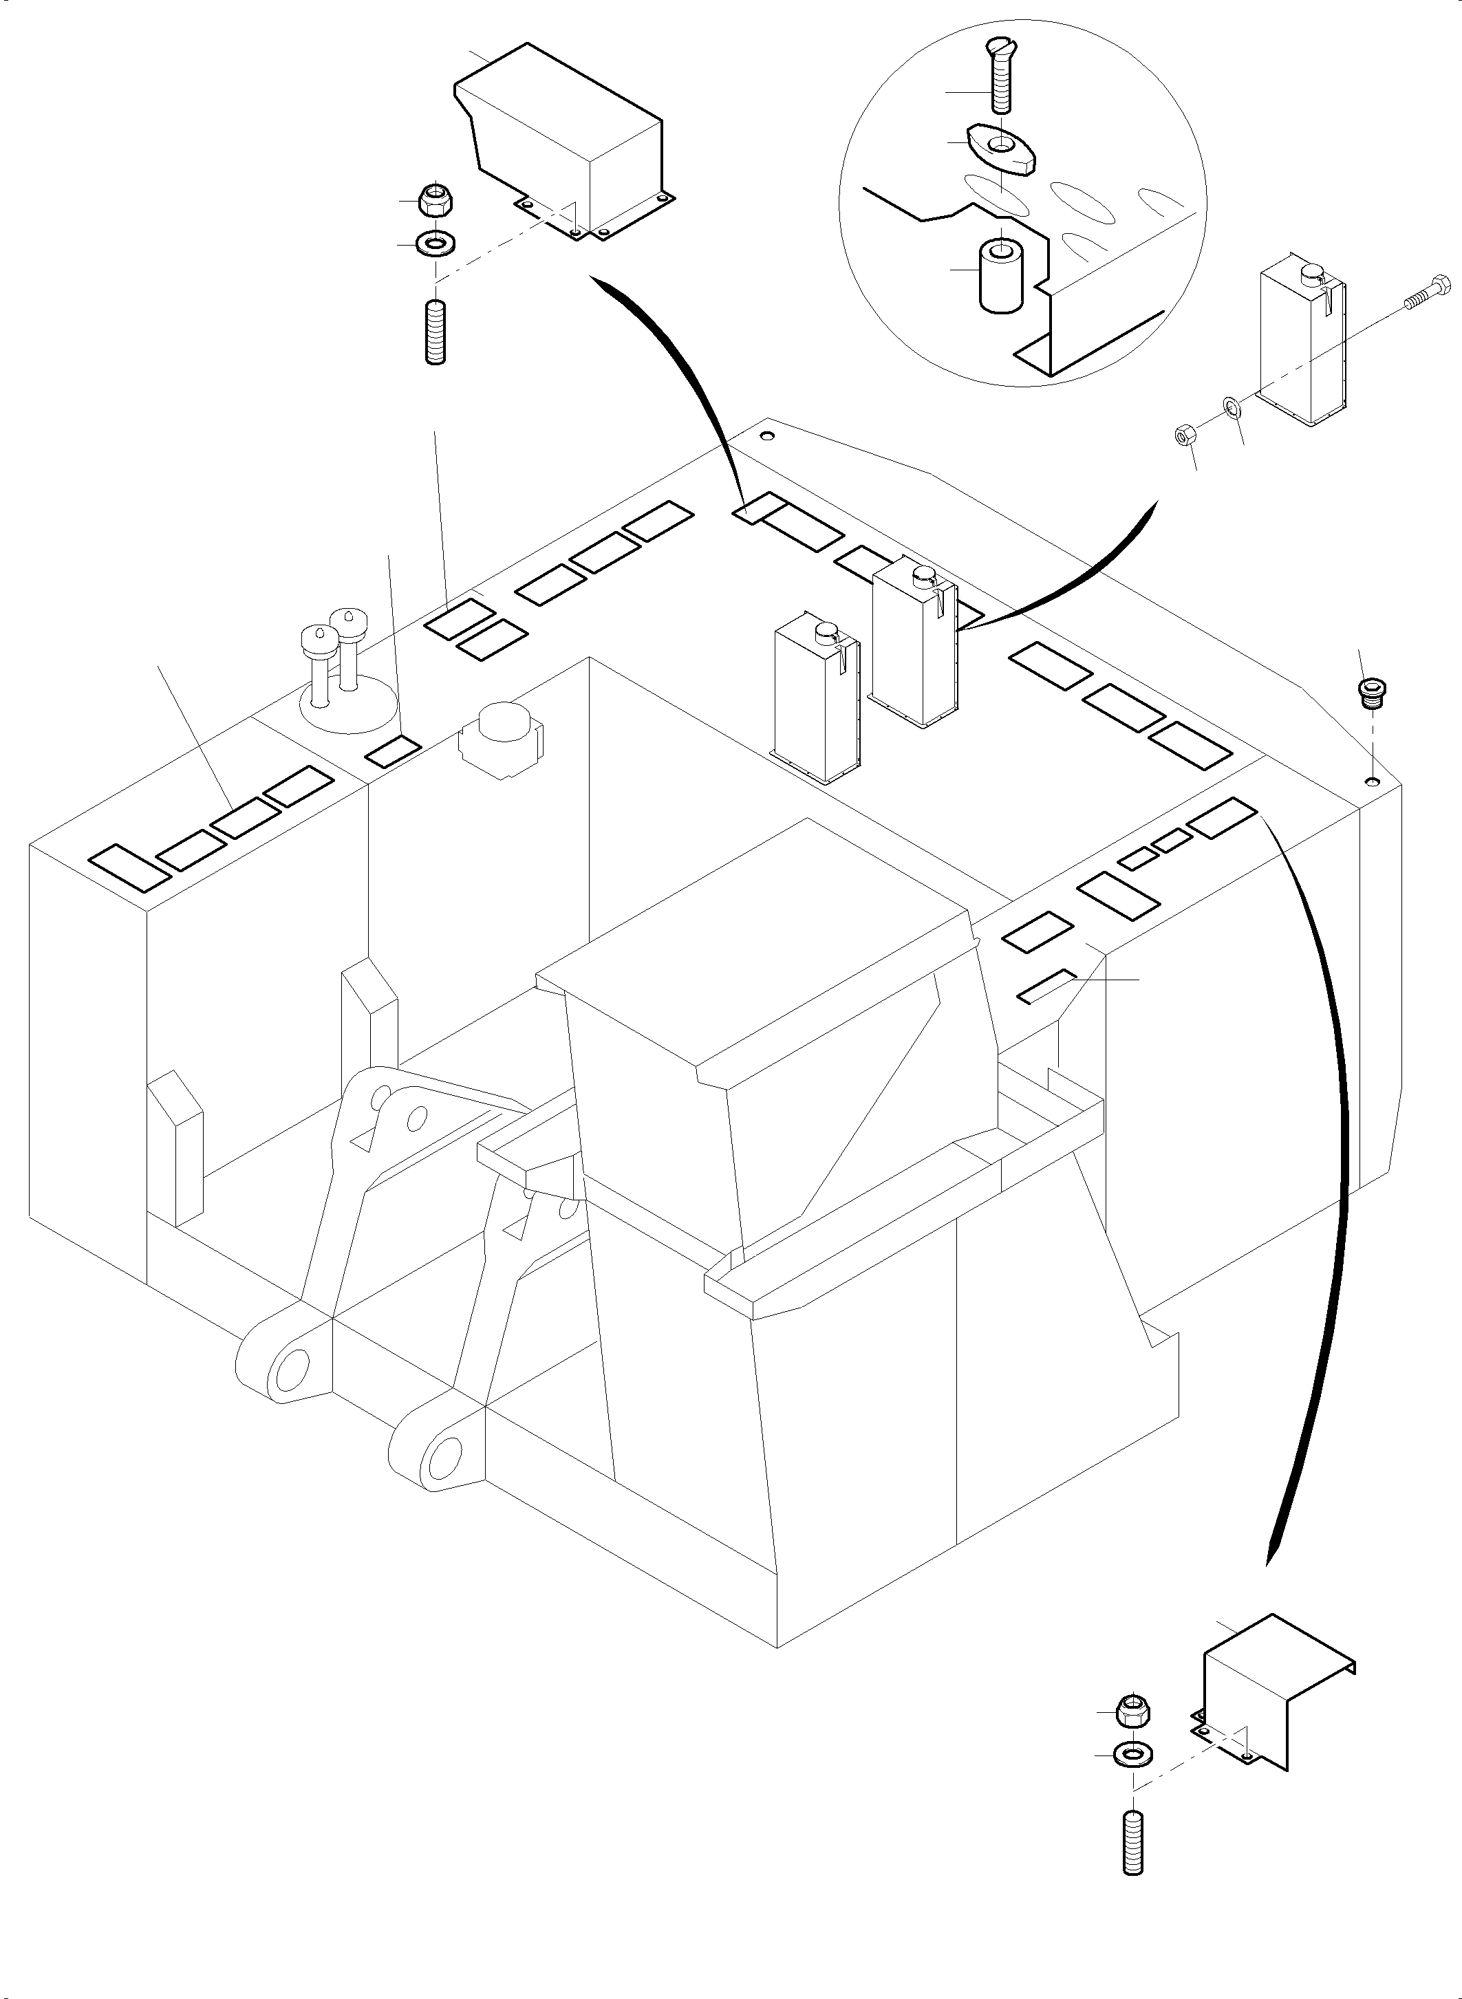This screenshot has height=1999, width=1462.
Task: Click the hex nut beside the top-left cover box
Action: point(435,201)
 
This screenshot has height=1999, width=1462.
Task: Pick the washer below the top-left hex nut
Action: point(435,242)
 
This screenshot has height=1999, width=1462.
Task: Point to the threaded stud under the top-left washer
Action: point(435,332)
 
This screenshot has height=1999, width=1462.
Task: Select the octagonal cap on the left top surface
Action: point(501,737)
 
